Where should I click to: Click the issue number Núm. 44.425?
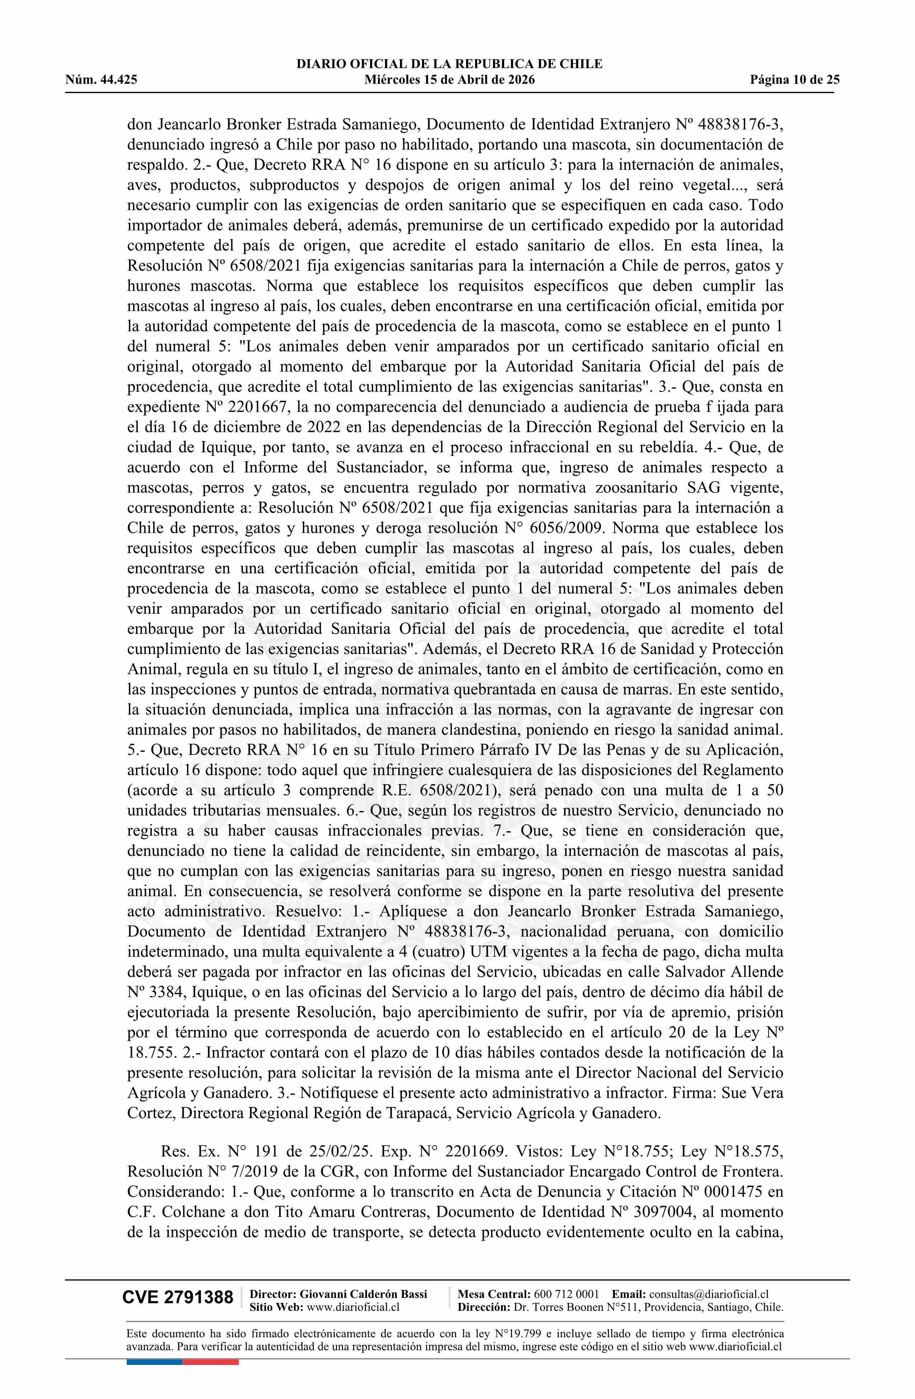pos(101,80)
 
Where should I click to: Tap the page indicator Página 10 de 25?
pos(794,80)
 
